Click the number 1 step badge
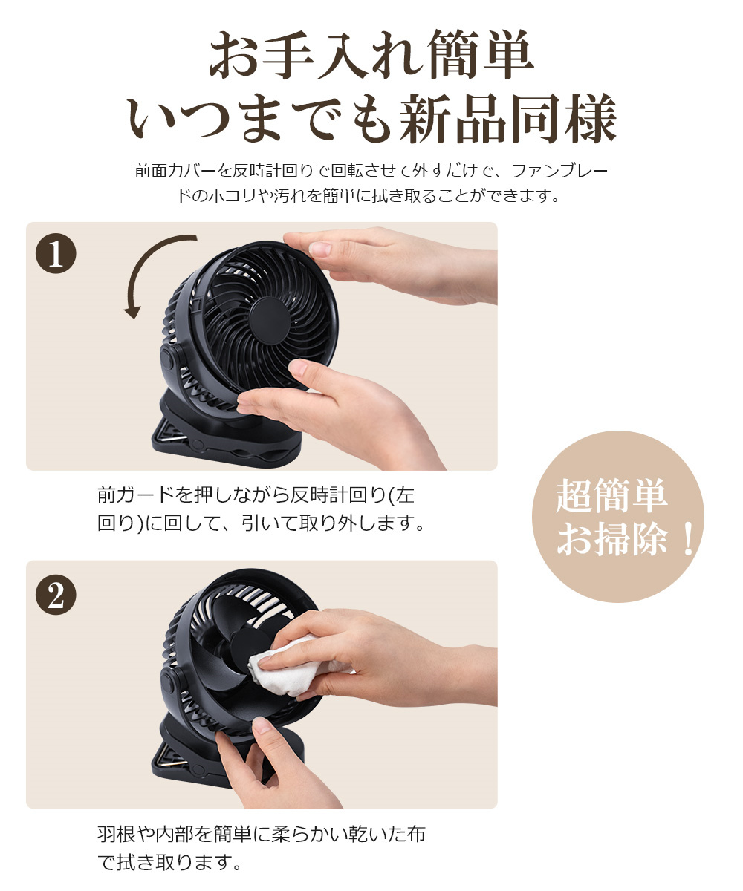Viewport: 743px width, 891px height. click(x=56, y=253)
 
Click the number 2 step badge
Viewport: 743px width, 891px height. click(x=56, y=595)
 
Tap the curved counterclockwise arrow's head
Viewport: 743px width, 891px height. click(x=132, y=310)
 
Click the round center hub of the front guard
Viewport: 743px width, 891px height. click(x=270, y=320)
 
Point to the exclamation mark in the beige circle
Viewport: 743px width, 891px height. click(x=687, y=539)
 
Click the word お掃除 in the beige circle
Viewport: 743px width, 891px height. click(x=612, y=539)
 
